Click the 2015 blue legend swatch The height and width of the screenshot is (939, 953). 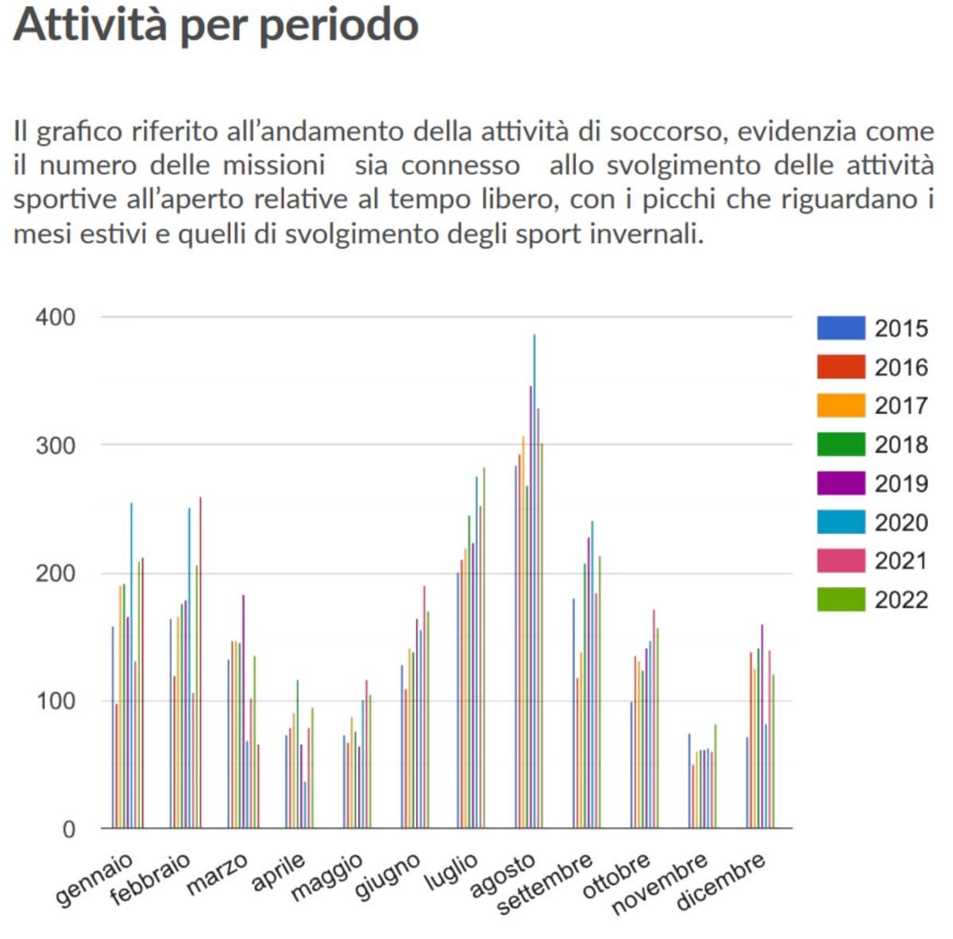point(840,328)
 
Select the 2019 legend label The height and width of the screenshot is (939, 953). point(901,483)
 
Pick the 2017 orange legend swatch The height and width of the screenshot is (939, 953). point(840,406)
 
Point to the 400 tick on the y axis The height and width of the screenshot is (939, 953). point(56,317)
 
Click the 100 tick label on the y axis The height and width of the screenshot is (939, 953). point(56,702)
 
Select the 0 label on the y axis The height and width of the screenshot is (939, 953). point(68,829)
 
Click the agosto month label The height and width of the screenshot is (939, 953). point(502,876)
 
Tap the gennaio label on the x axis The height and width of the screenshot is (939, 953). point(94,879)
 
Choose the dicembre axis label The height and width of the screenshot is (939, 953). point(720,882)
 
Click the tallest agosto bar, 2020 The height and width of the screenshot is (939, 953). point(534,556)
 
